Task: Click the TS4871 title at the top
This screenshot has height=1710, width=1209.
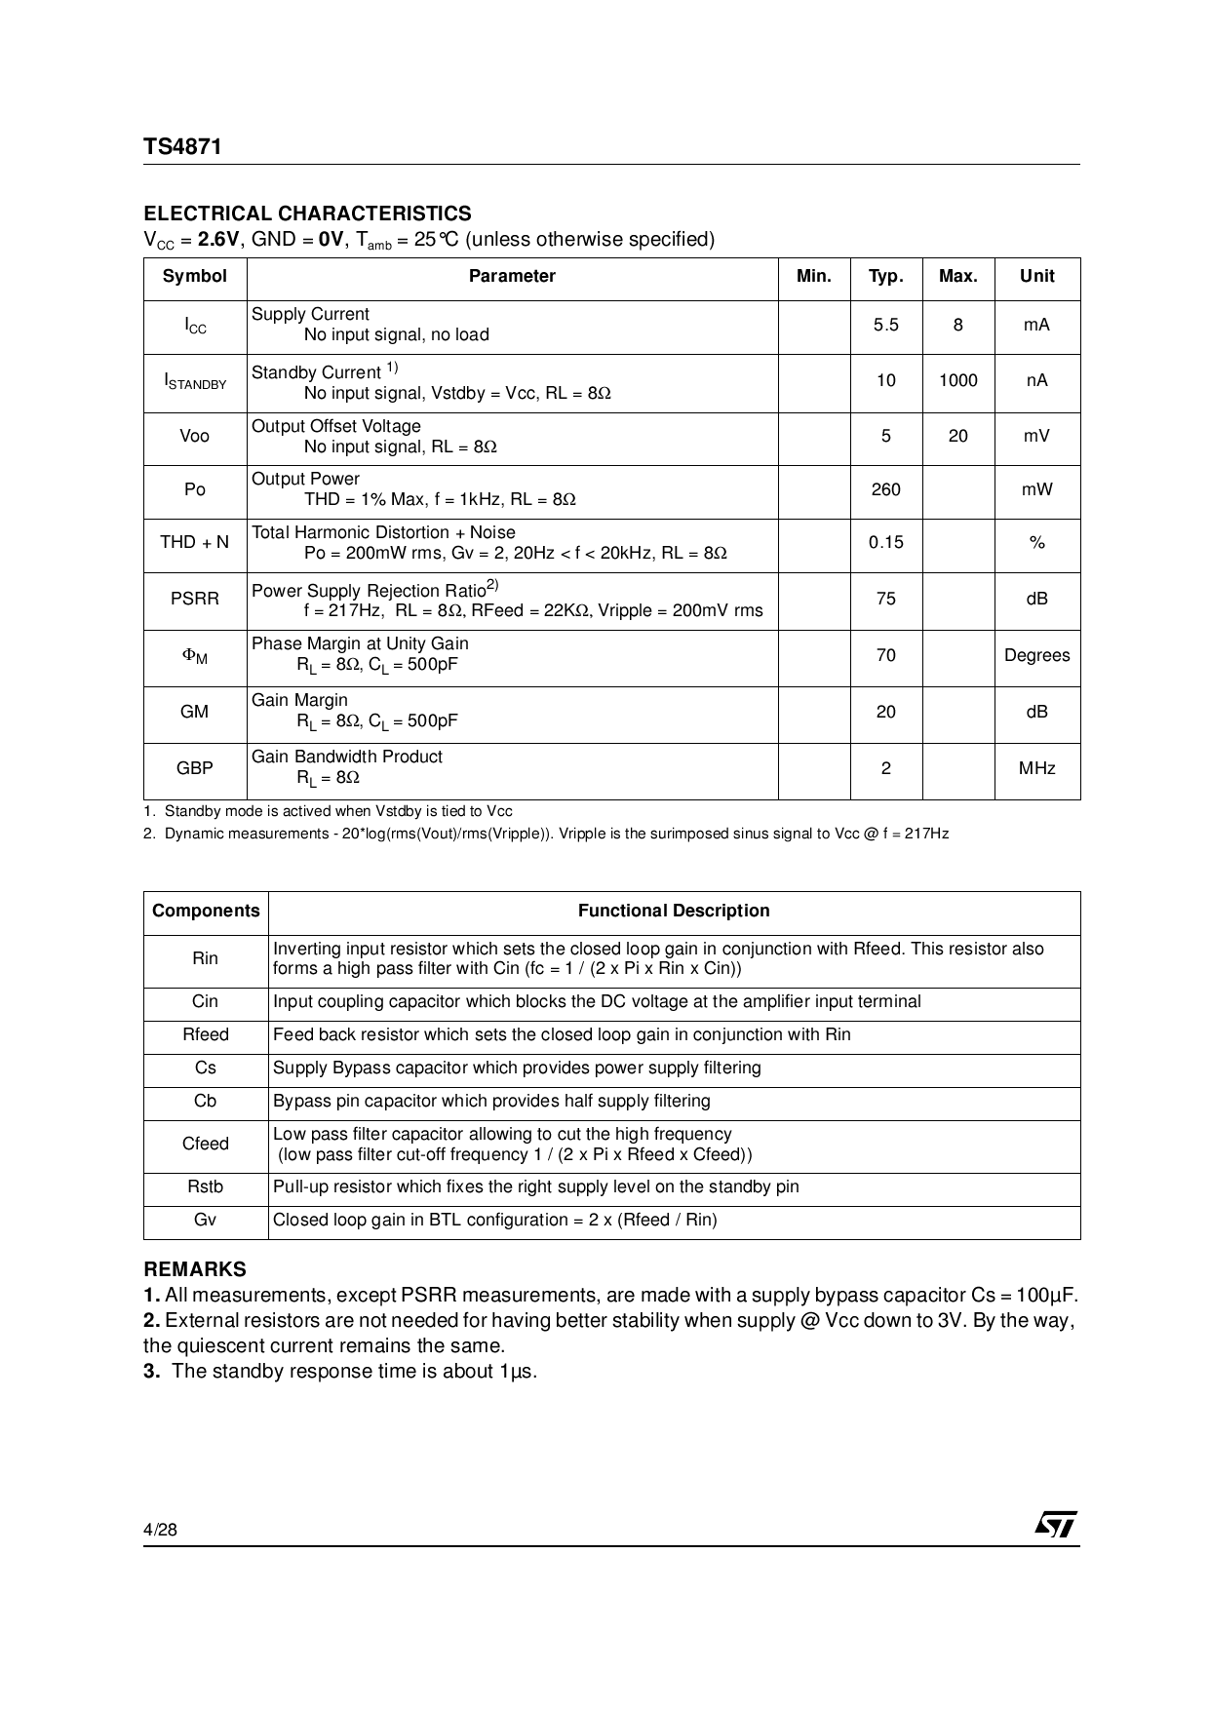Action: click(182, 146)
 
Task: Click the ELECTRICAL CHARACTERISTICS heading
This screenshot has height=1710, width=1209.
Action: click(307, 214)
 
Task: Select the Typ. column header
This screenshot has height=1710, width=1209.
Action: click(885, 277)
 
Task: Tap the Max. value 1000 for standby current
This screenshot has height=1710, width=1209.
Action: click(957, 381)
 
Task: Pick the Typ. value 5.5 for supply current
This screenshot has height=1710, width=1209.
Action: click(885, 325)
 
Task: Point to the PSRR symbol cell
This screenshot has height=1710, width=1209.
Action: click(194, 599)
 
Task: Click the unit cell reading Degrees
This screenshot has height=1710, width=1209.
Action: click(1036, 655)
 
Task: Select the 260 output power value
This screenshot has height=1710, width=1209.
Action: click(885, 489)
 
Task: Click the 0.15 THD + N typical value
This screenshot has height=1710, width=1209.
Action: click(885, 542)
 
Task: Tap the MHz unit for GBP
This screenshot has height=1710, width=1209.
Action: click(1036, 768)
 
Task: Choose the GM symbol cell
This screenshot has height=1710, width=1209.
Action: click(194, 712)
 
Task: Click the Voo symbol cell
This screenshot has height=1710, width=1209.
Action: click(194, 436)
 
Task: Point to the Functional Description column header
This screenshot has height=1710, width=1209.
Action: click(674, 911)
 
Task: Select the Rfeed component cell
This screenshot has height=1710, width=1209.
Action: click(205, 1034)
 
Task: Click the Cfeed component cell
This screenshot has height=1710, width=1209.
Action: click(205, 1144)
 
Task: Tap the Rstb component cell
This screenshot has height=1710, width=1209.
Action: click(205, 1186)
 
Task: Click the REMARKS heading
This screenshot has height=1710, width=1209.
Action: click(195, 1269)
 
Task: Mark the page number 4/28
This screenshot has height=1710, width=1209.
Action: click(161, 1530)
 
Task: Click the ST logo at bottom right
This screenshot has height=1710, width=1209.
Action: click(1055, 1525)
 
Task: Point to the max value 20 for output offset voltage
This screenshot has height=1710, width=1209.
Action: click(957, 436)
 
